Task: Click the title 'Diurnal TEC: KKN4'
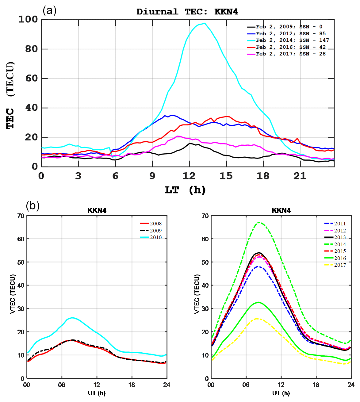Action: pyautogui.click(x=187, y=12)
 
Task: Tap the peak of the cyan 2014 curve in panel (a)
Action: pyautogui.click(x=205, y=23)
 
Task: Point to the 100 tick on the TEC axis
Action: pyautogui.click(x=28, y=20)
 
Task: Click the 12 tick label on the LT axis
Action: pyautogui.click(x=189, y=176)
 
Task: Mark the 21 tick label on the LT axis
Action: pyautogui.click(x=300, y=176)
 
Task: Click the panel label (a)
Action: pyautogui.click(x=49, y=11)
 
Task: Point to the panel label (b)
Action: pyautogui.click(x=33, y=205)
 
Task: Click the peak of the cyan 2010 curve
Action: pyautogui.click(x=72, y=318)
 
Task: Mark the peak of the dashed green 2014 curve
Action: pyautogui.click(x=259, y=223)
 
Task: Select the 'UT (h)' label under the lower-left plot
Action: pyautogui.click(x=97, y=393)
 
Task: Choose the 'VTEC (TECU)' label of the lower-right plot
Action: pyautogui.click(x=197, y=294)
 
